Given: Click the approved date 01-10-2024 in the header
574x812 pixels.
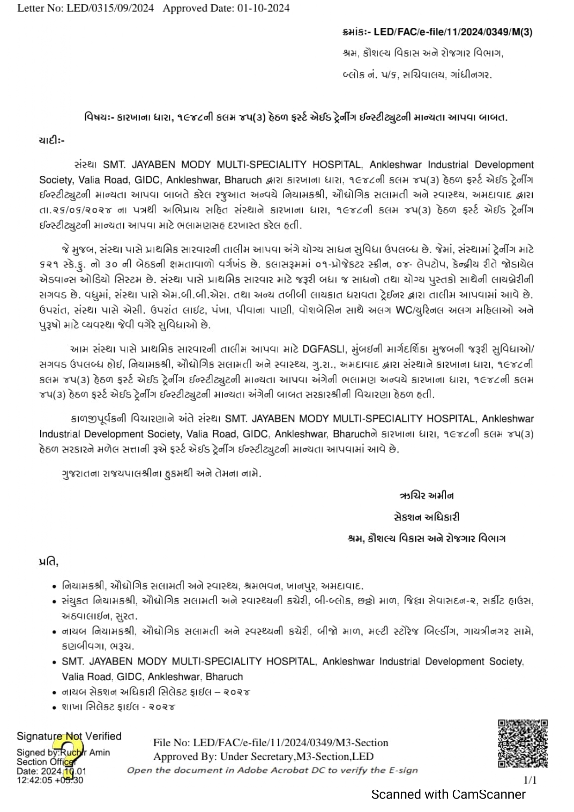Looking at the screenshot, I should coord(264,8).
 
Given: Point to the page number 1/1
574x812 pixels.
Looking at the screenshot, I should coord(530,780).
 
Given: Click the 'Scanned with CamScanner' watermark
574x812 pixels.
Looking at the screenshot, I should coord(448,794).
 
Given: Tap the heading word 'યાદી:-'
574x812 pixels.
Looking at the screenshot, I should coord(52,140).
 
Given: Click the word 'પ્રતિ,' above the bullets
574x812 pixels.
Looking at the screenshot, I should coord(49,562).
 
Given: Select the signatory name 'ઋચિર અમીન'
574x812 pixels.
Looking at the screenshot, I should coord(426,496).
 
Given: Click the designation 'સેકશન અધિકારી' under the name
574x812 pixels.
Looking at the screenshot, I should coord(426,517).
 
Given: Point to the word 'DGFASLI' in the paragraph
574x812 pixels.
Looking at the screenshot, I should coord(324,349).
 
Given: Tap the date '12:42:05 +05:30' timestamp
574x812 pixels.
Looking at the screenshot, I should coord(50,780).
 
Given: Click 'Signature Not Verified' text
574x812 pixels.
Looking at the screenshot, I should coord(69,736).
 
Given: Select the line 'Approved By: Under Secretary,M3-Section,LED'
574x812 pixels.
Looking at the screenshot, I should coord(263,756).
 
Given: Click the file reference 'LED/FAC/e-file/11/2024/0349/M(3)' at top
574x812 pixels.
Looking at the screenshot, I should coord(453,32).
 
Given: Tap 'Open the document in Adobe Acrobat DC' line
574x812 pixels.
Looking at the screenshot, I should coord(272,770).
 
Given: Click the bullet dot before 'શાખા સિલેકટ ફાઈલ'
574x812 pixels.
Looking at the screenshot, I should coord(55,707).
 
